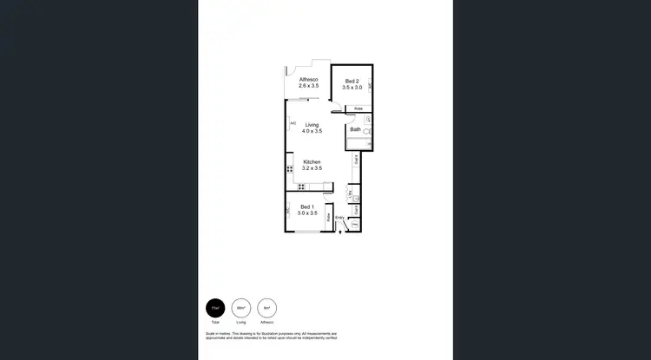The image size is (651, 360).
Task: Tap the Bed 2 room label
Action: tap(351, 81)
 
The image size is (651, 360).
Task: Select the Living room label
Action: tap(312, 125)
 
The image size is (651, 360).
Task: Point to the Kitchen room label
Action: tap(312, 162)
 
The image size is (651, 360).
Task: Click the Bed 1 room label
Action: tap(306, 206)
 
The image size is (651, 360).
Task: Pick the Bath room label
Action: tap(355, 130)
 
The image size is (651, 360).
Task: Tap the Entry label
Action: tap(339, 217)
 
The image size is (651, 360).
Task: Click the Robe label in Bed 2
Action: tap(358, 108)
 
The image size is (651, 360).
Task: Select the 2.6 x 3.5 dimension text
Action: tap(309, 87)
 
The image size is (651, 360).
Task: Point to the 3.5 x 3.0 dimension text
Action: tap(351, 87)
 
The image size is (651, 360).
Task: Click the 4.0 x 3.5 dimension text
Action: tap(312, 131)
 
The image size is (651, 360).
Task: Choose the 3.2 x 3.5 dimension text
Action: tap(312, 168)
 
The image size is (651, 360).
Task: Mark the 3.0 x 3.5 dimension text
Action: tap(306, 213)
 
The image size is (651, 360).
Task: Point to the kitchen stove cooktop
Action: tap(301, 186)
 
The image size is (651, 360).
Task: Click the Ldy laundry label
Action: tap(349, 193)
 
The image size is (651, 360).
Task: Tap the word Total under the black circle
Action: tap(214, 322)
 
